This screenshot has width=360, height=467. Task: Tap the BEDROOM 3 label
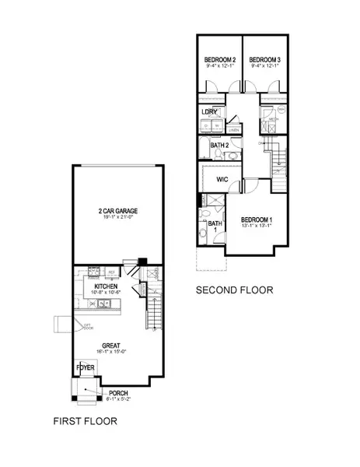point(263,60)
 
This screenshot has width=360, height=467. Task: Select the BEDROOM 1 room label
point(256,219)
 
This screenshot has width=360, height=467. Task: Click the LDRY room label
point(208,112)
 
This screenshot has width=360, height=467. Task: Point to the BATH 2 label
point(219,145)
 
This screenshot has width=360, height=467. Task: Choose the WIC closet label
point(222,179)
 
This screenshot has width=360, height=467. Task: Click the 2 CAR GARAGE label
point(118,212)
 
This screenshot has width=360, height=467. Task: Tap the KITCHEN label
point(106,286)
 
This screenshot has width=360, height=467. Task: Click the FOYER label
point(85,367)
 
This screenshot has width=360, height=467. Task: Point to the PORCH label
point(118,392)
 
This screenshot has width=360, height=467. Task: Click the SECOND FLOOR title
point(234,290)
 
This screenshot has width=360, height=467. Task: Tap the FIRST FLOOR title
point(85,422)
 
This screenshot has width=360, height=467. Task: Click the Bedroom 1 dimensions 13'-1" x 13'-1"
point(256,227)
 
